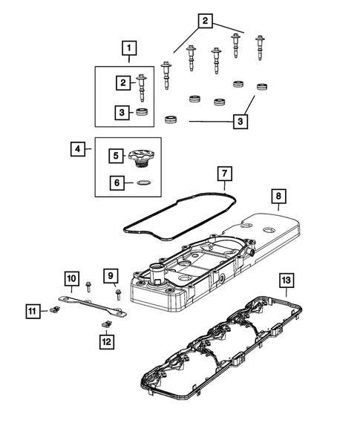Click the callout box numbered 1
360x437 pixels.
coord(130,50)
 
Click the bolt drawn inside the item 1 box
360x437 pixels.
coord(143,87)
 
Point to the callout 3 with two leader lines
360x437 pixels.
coord(240,120)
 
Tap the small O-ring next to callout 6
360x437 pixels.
coord(146,182)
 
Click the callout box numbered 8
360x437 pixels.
coord(278,197)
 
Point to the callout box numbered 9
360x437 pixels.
coord(111,277)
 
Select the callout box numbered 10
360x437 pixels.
coord(71,278)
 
